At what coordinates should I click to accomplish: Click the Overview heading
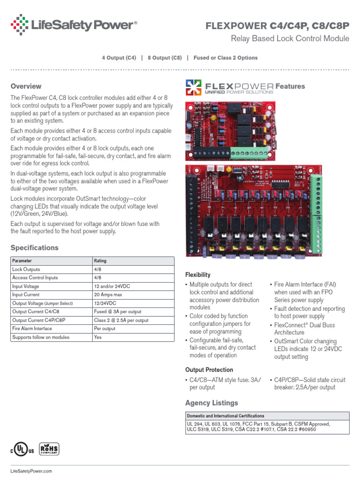coord(26,86)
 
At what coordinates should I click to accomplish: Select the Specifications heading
coord(34,247)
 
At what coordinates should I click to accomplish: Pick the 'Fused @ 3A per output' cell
coord(118,312)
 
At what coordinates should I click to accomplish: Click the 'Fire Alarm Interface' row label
coord(32,329)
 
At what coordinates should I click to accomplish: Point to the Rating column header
coord(100,261)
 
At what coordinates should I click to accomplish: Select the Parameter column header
coord(22,261)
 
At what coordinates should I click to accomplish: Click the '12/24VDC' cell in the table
coord(105,303)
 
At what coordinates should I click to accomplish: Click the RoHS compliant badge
coord(49,449)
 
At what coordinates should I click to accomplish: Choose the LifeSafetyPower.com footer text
coord(31,471)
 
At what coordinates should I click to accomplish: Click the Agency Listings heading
coord(211,403)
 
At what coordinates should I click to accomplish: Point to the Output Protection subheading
coord(209,369)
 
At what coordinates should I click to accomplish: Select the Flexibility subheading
coord(198,275)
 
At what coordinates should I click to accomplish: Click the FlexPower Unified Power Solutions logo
coord(230,87)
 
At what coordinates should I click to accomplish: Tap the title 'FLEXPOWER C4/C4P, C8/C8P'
coord(277,26)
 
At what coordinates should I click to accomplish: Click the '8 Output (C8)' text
coord(165,58)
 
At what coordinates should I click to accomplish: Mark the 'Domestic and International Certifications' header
coord(225,416)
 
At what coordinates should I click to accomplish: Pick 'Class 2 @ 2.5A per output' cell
coord(121,320)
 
